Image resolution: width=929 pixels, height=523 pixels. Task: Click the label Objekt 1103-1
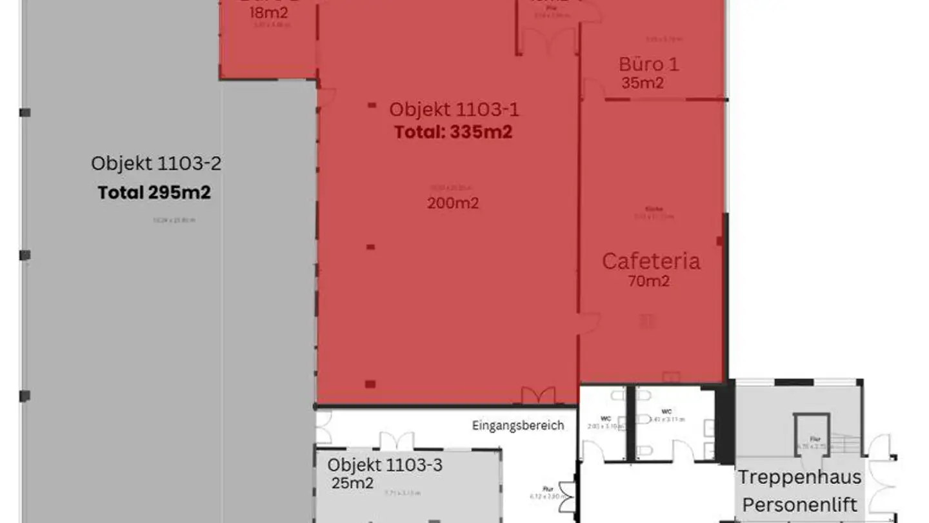coord(454,110)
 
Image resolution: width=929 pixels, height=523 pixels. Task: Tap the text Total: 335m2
coord(453,132)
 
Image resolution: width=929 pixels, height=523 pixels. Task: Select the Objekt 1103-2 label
coord(156,163)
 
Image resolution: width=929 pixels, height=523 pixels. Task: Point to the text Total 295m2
coord(154,192)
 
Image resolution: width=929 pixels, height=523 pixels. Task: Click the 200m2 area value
coord(453,203)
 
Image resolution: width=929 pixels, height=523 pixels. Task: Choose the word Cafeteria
coord(651,261)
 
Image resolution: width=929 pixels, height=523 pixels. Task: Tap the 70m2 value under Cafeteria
coord(648,282)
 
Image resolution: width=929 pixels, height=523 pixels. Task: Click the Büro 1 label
coord(648,65)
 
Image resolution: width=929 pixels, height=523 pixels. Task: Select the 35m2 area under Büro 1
coord(643,83)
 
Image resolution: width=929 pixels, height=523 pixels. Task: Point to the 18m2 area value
coord(268,13)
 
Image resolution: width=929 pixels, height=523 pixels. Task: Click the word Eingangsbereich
coord(518,426)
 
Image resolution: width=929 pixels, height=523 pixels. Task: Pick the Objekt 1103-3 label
coord(385,465)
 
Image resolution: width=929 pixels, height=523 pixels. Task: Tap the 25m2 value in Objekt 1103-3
coord(353,483)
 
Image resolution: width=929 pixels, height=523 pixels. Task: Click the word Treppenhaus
coord(799,478)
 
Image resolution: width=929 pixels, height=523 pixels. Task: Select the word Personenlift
coord(800,504)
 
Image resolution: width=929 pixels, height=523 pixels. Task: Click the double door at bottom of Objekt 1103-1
coord(538,396)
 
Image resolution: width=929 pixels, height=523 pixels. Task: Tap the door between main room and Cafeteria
coord(588,323)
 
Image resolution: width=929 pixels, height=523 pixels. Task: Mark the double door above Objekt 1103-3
coord(396,441)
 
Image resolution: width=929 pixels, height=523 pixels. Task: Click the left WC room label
coord(605,419)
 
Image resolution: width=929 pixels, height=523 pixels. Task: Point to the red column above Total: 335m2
coord(372,105)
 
